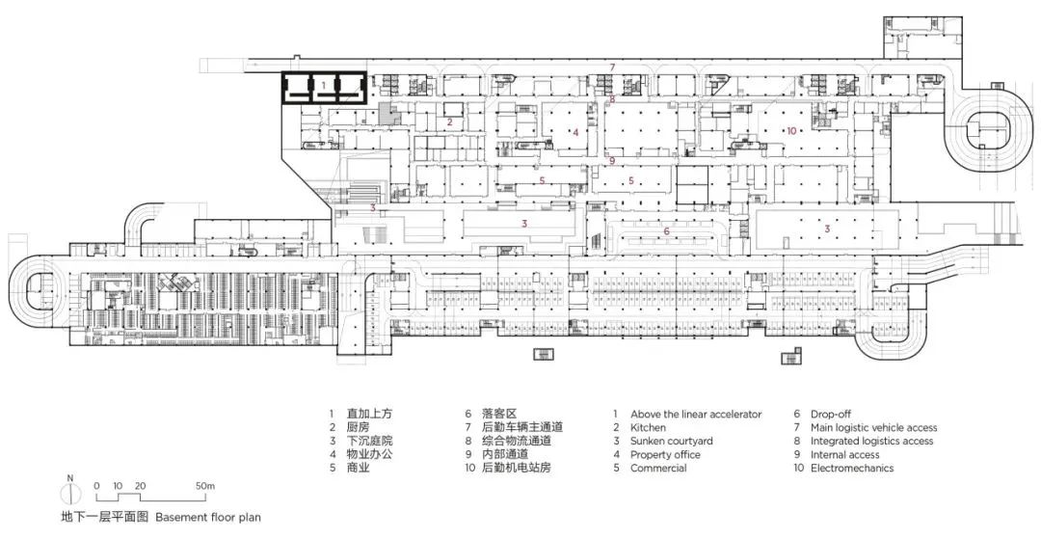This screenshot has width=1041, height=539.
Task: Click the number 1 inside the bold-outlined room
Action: tap(323, 85)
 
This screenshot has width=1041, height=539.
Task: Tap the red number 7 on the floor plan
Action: tap(613, 67)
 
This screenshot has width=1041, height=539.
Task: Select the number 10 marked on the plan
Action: tap(791, 131)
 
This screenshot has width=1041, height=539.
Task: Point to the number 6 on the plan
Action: tap(667, 231)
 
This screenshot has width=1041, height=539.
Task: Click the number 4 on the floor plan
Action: tap(576, 132)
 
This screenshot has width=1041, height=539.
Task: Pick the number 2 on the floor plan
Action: tap(449, 121)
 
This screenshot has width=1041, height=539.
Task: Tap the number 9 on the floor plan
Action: tap(612, 160)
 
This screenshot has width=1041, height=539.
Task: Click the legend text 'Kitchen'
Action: tap(648, 427)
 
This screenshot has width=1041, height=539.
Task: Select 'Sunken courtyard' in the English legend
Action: tap(672, 441)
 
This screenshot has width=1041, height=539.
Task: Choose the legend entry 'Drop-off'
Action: tap(831, 415)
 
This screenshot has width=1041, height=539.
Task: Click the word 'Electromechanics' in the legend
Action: tap(852, 468)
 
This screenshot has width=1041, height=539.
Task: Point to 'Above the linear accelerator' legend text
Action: tap(697, 415)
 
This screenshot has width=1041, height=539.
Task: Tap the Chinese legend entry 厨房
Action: tap(358, 427)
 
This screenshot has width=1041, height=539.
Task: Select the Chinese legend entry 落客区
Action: tap(499, 414)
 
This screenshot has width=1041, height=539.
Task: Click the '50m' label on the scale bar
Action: tap(206, 487)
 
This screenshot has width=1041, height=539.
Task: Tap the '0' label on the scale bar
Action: tap(97, 487)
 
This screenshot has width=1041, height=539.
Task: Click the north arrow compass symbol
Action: tap(69, 492)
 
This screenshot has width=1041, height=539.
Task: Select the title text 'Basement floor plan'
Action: tap(208, 517)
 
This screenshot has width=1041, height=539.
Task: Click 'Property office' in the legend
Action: tap(665, 455)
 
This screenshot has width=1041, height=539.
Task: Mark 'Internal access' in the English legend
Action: tap(844, 455)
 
